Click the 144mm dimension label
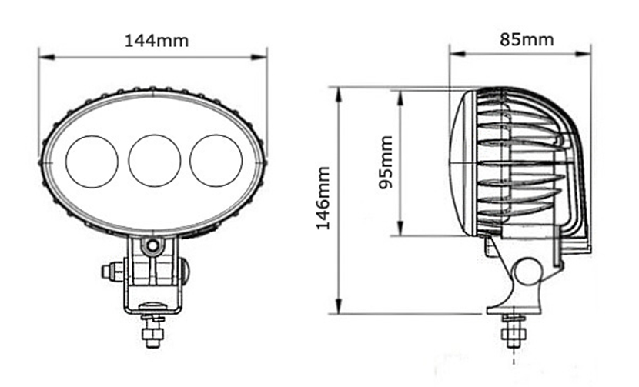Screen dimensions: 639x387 [156, 41]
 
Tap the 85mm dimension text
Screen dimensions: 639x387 [527, 39]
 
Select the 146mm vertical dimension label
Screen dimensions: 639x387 [323, 199]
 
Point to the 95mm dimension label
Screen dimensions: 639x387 [386, 162]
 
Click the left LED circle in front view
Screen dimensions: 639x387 [92, 162]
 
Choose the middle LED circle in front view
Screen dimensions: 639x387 [155, 161]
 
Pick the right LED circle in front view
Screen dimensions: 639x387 [216, 161]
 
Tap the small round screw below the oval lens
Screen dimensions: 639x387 [153, 245]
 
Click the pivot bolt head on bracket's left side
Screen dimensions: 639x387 [107, 271]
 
